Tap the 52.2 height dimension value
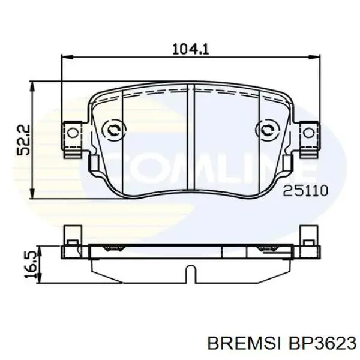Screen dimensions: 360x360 pyautogui.click(x=23, y=140)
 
